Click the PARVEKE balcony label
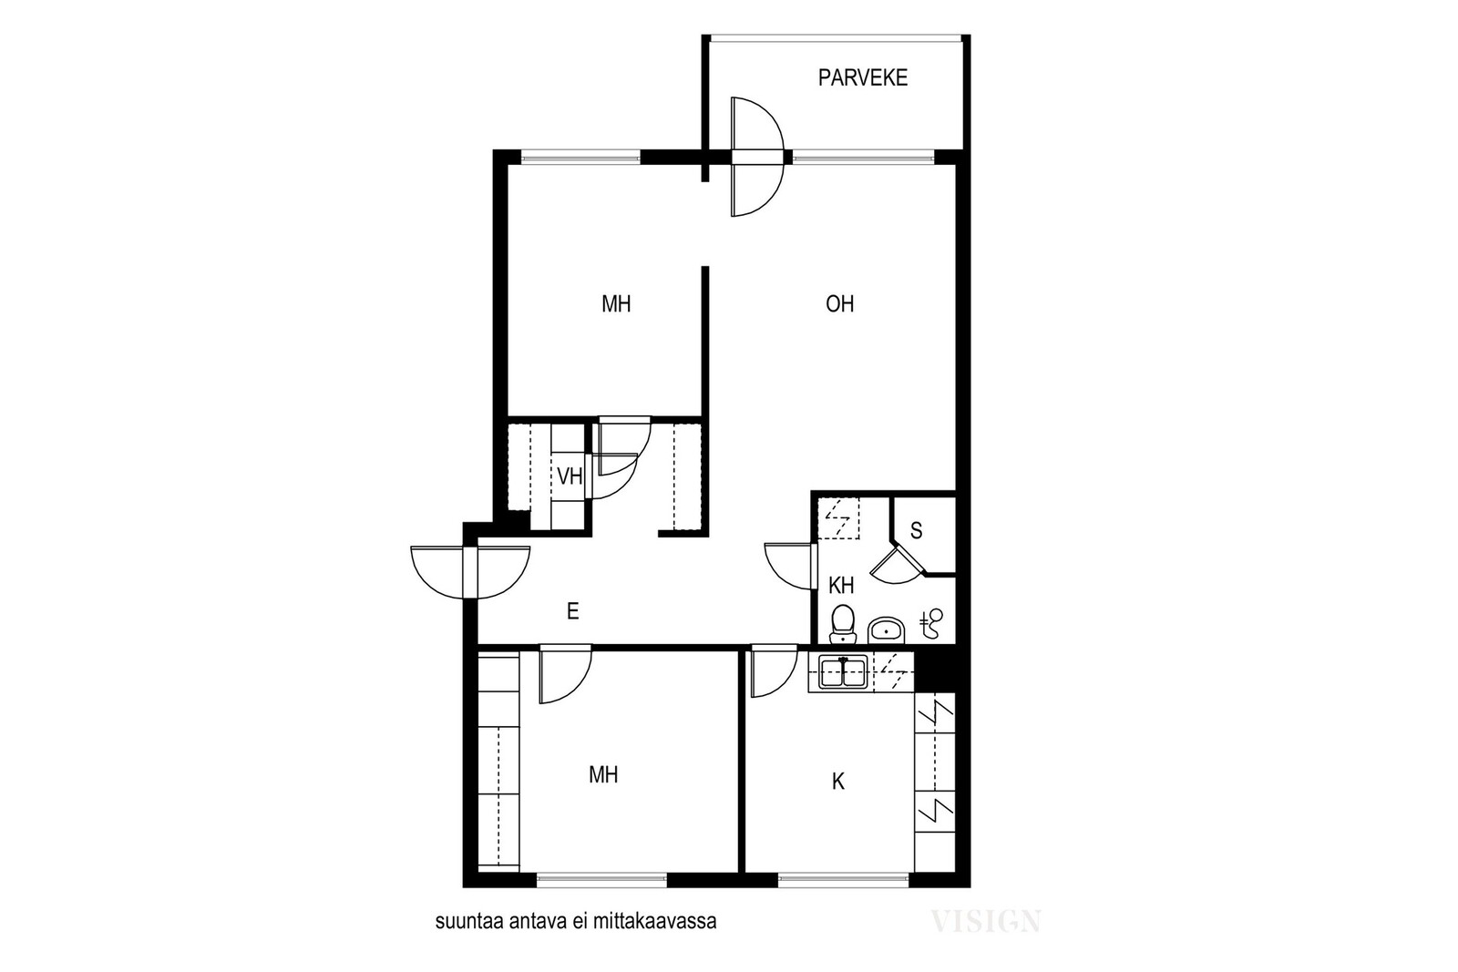tap(862, 78)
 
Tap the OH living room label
tap(839, 304)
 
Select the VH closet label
tap(570, 476)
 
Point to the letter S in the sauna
tap(917, 531)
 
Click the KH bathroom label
tap(841, 586)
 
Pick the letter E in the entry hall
tap(573, 611)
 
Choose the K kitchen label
tap(838, 782)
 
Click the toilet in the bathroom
tap(842, 622)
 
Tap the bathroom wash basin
tap(886, 629)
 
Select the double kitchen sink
tap(843, 672)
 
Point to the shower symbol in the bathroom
tap(932, 622)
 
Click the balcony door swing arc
tap(757, 157)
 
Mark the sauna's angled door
tap(897, 564)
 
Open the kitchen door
tap(774, 672)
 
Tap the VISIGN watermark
tap(985, 921)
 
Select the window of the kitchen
tap(844, 880)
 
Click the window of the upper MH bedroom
tap(581, 157)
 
